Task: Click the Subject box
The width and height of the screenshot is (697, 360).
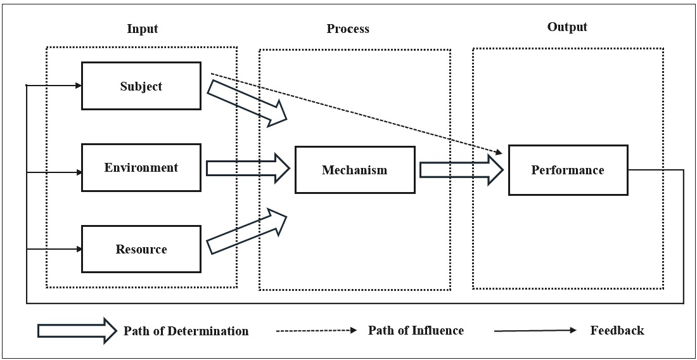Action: pos(141,86)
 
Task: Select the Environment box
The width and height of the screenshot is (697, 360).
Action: pos(141,168)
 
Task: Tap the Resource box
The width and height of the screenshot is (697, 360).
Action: pos(141,249)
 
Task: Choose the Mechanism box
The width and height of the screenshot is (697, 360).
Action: pos(354,170)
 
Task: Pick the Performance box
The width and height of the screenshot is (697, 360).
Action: pos(568,170)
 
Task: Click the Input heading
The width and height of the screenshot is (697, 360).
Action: pos(142,29)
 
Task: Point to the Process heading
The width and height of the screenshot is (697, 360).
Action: pos(348,29)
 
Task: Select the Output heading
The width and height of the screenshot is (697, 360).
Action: pos(567,27)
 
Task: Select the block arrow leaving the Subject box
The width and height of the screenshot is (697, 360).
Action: pos(248,101)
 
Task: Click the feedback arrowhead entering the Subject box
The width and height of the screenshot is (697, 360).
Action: pos(79,86)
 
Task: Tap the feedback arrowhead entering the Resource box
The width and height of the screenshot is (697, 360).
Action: pos(79,249)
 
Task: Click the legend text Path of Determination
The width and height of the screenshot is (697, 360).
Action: pos(186,331)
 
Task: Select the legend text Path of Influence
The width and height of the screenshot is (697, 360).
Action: pos(416,330)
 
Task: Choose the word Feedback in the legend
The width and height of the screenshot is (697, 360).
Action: pos(617,330)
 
